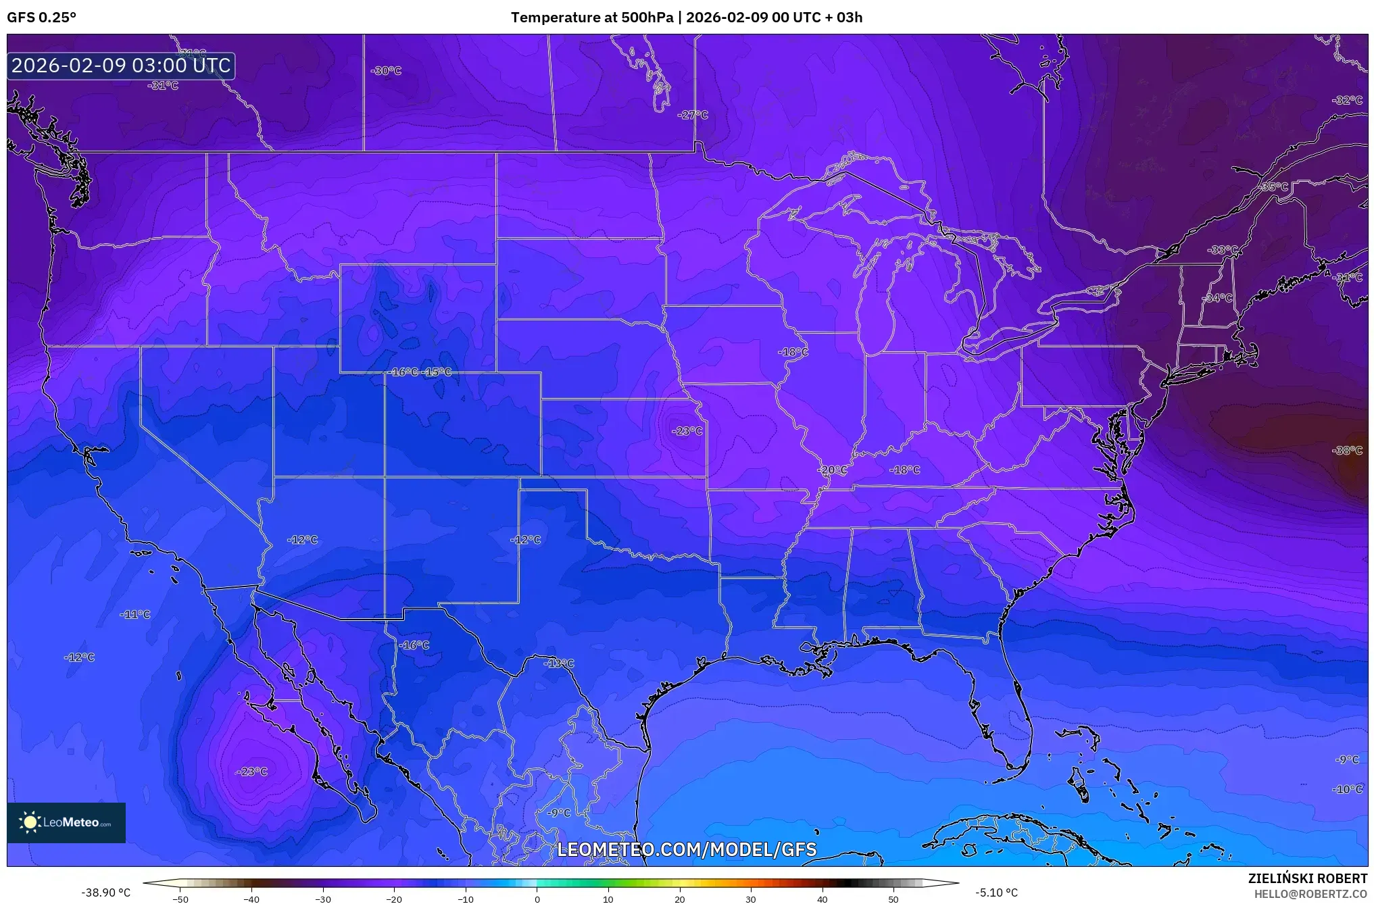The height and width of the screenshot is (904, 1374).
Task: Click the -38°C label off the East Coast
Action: pos(1347,451)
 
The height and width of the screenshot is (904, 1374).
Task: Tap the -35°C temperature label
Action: pos(1274,186)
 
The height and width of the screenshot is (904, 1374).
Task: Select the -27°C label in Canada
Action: pos(693,115)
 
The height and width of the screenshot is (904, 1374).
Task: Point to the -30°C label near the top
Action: pos(386,70)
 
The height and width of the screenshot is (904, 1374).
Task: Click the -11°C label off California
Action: pos(135,614)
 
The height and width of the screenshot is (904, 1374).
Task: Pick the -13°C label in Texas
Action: pos(559,663)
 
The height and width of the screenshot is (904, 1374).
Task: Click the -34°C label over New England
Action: pos(1218,298)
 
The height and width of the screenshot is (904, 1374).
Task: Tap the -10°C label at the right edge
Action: pos(1347,789)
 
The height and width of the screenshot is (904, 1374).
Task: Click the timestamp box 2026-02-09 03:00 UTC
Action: pos(121,66)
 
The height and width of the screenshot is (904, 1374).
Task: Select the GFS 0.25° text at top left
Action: pos(41,18)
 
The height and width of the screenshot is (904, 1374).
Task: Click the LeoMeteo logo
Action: pos(66,822)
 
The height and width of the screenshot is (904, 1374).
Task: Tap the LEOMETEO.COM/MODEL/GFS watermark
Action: pos(687,849)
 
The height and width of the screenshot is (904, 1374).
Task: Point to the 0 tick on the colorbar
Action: pos(537,899)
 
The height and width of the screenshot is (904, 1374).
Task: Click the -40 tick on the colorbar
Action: pos(251,899)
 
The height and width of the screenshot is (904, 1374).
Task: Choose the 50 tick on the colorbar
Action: pos(893,899)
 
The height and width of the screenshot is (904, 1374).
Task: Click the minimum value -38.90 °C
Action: pos(106,893)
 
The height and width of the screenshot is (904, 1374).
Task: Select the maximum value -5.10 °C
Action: pos(997,893)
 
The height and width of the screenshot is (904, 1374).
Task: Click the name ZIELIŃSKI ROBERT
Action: pos(1307,878)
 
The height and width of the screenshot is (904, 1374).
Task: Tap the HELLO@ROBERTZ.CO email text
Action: pos(1310,894)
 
